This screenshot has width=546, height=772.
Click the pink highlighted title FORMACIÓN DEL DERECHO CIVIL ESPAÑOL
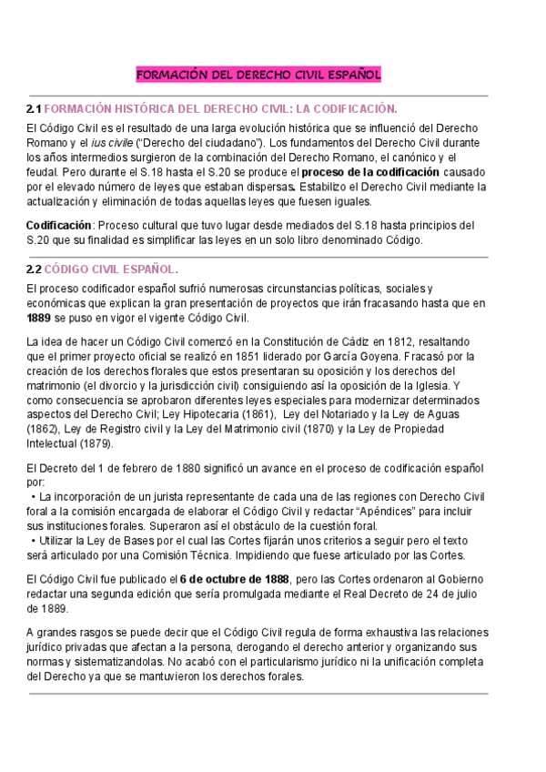258,74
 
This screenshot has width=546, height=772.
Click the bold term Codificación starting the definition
58,225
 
